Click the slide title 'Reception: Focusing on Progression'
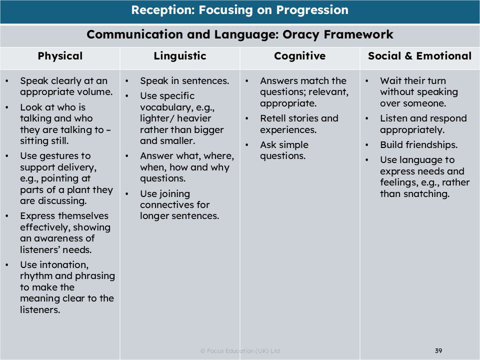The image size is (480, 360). [240, 10]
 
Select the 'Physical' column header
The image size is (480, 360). [60, 56]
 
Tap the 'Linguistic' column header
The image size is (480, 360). [180, 56]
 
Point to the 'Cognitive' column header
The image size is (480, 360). [299, 56]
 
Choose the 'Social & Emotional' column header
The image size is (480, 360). [419, 56]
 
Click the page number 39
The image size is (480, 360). [438, 350]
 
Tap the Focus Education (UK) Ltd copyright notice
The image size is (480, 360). [240, 351]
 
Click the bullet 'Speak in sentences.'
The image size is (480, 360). [184, 81]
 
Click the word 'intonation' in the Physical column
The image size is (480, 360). [55, 264]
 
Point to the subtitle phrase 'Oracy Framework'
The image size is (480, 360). [335, 35]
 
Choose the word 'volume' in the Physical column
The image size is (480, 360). [95, 92]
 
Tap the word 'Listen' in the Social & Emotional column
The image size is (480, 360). [394, 118]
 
